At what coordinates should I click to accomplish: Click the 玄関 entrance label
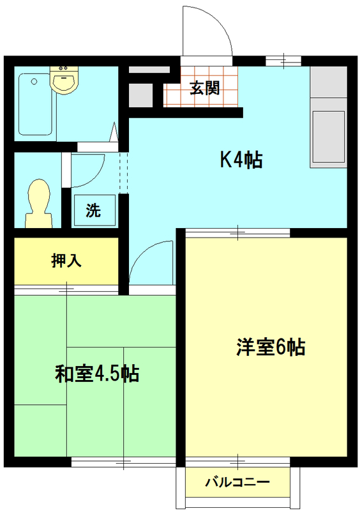pos(204,88)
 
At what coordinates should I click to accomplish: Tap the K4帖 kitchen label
pos(241,160)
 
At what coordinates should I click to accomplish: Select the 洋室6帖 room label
pos(270,347)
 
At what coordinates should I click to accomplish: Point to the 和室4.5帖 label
pos(97,373)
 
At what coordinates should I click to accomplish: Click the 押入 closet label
pos(65,261)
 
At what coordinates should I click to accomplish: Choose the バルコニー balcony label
pos(237,482)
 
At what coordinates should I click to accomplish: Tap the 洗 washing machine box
pos(94,210)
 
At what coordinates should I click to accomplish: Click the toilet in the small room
pos(39,203)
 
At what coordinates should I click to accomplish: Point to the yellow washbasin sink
pos(63,80)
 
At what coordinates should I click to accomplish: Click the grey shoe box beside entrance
pos(140,95)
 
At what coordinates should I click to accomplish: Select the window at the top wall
pos(283,61)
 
